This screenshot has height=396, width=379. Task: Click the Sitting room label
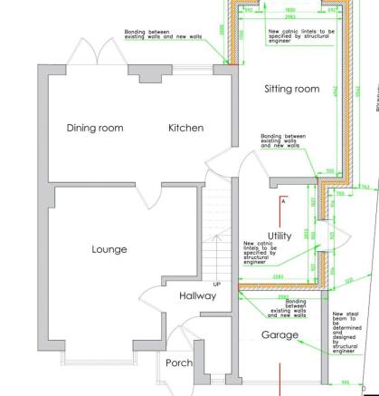coord(291,89)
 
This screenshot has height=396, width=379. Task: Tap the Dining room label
coord(95,128)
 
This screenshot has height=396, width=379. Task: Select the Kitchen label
coord(185,128)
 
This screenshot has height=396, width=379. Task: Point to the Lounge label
coord(109,249)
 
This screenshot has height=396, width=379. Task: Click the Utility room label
coord(280,236)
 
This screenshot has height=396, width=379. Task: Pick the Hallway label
coord(197,295)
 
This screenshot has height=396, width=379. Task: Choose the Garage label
coord(280,335)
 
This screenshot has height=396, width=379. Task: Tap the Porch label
coord(179,363)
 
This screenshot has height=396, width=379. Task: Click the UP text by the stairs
coord(217,259)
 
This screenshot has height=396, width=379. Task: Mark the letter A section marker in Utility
coord(283,200)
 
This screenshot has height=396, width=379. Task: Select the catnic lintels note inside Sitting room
coord(299,35)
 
